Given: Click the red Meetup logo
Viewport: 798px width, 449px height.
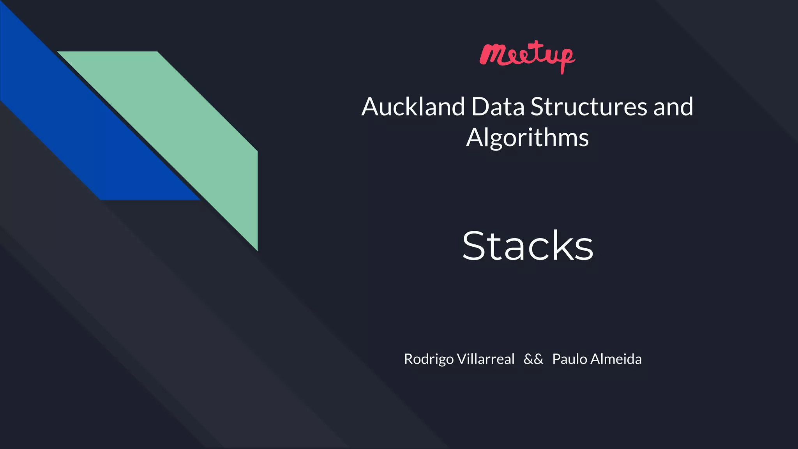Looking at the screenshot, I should click(x=527, y=57).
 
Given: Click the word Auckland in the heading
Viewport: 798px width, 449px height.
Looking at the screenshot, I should click(x=413, y=107).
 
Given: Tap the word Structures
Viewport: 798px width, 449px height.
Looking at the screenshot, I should click(x=588, y=107).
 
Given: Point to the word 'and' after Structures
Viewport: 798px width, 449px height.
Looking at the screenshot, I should click(x=673, y=107).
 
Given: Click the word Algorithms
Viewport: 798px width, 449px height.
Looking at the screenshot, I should click(x=527, y=138).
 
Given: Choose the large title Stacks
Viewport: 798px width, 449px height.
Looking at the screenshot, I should click(x=528, y=246).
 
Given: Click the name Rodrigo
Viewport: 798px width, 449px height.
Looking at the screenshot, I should click(x=429, y=359).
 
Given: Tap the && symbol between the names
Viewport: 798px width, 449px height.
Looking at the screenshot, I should click(x=533, y=359).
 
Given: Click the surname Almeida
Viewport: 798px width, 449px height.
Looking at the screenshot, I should click(x=616, y=359).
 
